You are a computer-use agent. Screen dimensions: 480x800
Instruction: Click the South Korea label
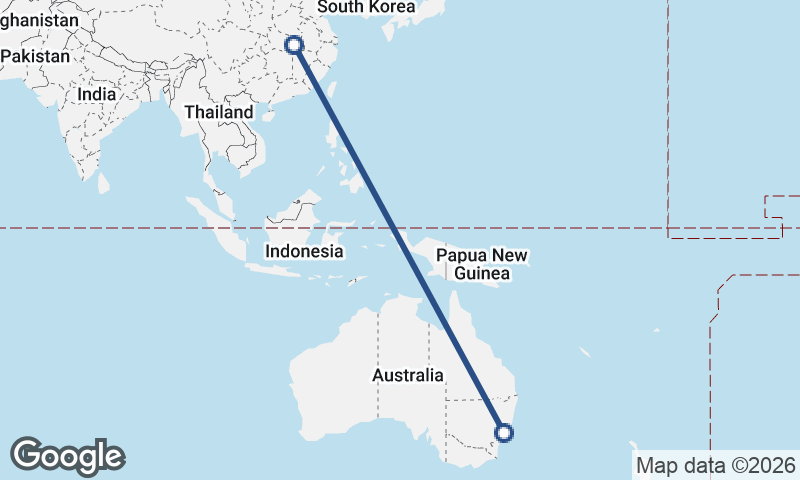click(x=365, y=7)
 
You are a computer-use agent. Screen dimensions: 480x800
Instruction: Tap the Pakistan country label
click(x=35, y=56)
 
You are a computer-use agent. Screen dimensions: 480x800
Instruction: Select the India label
click(x=97, y=94)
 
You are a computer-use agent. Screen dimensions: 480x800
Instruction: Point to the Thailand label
click(x=218, y=113)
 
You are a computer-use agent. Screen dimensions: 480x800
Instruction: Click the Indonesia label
click(x=304, y=252)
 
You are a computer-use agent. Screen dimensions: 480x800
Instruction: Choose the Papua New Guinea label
click(x=481, y=264)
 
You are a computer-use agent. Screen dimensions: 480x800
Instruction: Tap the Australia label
click(x=407, y=376)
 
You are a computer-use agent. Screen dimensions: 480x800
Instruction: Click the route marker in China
click(x=294, y=45)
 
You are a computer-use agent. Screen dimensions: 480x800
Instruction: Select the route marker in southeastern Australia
click(x=504, y=433)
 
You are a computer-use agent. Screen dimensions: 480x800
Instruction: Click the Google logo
click(x=67, y=456)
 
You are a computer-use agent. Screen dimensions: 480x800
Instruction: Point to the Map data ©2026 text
click(x=716, y=465)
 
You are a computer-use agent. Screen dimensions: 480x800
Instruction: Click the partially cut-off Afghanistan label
click(x=40, y=20)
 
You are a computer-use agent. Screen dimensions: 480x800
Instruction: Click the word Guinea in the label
click(x=475, y=274)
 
